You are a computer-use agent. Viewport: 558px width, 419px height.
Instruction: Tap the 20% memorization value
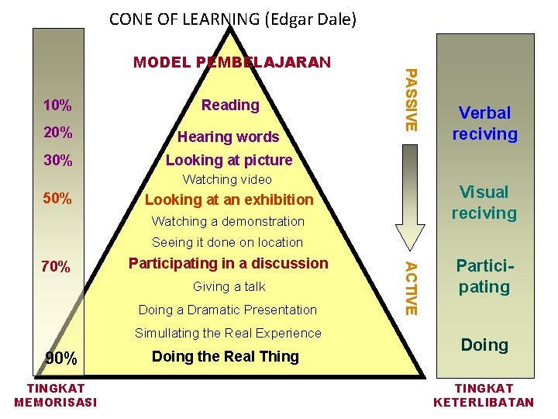pyautogui.click(x=58, y=133)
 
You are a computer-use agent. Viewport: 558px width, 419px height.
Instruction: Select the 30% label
pyautogui.click(x=58, y=161)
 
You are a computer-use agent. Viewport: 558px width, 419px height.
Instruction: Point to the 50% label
pyautogui.click(x=58, y=199)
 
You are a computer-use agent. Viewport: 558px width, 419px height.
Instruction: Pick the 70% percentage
pyautogui.click(x=56, y=268)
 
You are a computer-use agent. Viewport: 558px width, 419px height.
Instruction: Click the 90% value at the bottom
pyautogui.click(x=61, y=358)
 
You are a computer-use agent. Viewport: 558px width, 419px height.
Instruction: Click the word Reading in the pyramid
pyautogui.click(x=230, y=105)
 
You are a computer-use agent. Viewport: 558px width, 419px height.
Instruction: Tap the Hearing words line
pyautogui.click(x=228, y=137)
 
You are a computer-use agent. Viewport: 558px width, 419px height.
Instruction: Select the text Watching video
pyautogui.click(x=227, y=179)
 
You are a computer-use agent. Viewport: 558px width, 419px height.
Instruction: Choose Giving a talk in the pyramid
pyautogui.click(x=228, y=286)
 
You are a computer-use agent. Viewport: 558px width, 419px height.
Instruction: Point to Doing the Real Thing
pyautogui.click(x=226, y=357)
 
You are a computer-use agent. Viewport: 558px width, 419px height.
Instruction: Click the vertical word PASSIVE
pyautogui.click(x=412, y=99)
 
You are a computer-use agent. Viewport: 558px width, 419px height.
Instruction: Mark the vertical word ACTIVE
pyautogui.click(x=412, y=288)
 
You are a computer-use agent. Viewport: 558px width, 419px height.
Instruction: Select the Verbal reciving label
pyautogui.click(x=484, y=123)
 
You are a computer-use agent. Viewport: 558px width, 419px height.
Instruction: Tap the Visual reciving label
pyautogui.click(x=484, y=203)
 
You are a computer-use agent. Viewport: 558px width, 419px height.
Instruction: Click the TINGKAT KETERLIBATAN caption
pyautogui.click(x=484, y=395)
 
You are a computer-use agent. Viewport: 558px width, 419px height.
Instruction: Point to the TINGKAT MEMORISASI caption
pyautogui.click(x=56, y=395)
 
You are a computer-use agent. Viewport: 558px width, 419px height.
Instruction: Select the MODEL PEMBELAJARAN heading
pyautogui.click(x=232, y=62)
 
